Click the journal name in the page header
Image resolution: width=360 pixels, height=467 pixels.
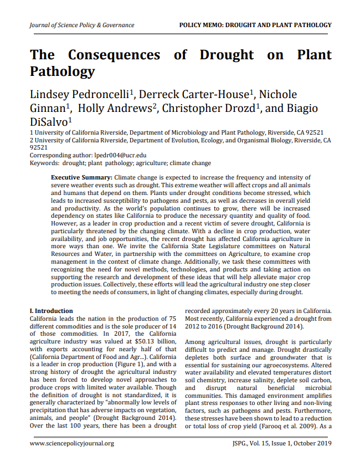click(82, 25)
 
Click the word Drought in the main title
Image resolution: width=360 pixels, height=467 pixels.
click(226, 55)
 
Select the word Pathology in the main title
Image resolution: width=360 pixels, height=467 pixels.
click(62, 71)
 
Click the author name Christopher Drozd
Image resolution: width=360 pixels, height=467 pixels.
click(207, 108)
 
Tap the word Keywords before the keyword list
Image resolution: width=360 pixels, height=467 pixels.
click(45, 163)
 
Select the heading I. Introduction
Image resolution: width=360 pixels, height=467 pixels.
click(51, 311)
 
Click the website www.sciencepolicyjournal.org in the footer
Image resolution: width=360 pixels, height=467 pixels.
click(72, 444)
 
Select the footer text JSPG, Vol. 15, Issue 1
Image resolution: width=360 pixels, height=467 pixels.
click(263, 444)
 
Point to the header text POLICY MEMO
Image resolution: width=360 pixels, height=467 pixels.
click(207, 25)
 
